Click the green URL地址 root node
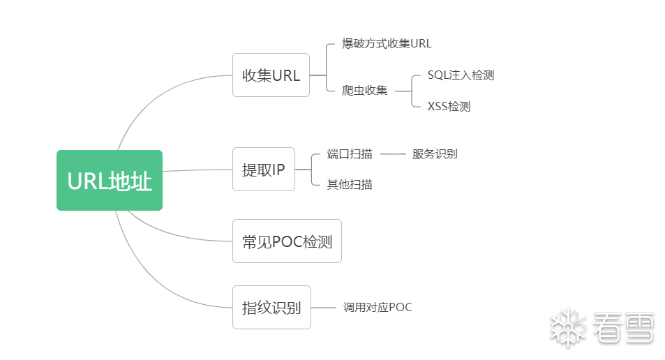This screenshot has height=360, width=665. (x=110, y=180)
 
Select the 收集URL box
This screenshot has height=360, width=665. (x=271, y=75)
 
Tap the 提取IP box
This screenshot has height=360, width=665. (x=263, y=169)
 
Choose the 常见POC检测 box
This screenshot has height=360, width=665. (x=287, y=241)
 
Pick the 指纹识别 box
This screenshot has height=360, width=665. (x=271, y=307)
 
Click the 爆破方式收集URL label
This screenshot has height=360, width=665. (x=387, y=43)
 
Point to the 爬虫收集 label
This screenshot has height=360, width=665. (x=364, y=90)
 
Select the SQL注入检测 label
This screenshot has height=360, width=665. (x=461, y=75)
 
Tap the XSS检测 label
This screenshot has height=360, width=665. (x=449, y=106)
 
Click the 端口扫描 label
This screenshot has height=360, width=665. (x=349, y=153)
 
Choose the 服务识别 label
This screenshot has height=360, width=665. (x=435, y=153)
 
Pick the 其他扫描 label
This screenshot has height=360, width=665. (x=349, y=184)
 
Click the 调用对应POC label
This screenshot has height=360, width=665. (x=377, y=307)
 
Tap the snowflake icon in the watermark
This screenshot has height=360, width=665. (x=567, y=327)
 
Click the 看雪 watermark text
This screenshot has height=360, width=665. (x=622, y=327)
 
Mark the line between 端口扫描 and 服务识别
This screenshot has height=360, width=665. (x=393, y=153)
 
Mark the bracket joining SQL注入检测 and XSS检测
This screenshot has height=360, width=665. (x=412, y=91)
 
